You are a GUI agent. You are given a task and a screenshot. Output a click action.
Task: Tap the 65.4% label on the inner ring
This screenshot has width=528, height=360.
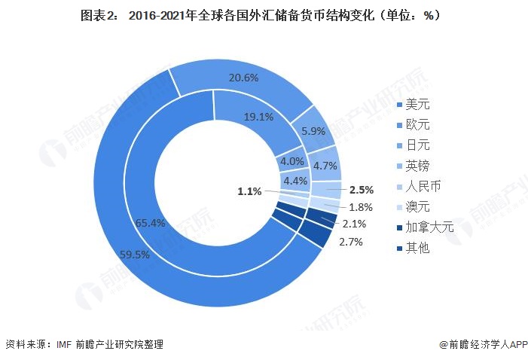coord(150,224)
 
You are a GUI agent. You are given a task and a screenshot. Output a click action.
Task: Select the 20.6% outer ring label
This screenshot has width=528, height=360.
coord(244,78)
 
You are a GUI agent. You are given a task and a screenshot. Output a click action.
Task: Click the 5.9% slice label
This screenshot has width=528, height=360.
coord(313,130)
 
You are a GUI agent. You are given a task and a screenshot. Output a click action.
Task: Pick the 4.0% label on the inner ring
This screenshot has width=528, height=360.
coord(291,161)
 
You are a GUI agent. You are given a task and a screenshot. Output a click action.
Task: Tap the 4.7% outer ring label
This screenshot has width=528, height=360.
coord(325,166)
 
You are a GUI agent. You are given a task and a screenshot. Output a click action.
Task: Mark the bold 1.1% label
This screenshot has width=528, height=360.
coord(249,191)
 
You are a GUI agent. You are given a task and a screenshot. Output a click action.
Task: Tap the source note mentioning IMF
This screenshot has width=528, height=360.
coord(84,344)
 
